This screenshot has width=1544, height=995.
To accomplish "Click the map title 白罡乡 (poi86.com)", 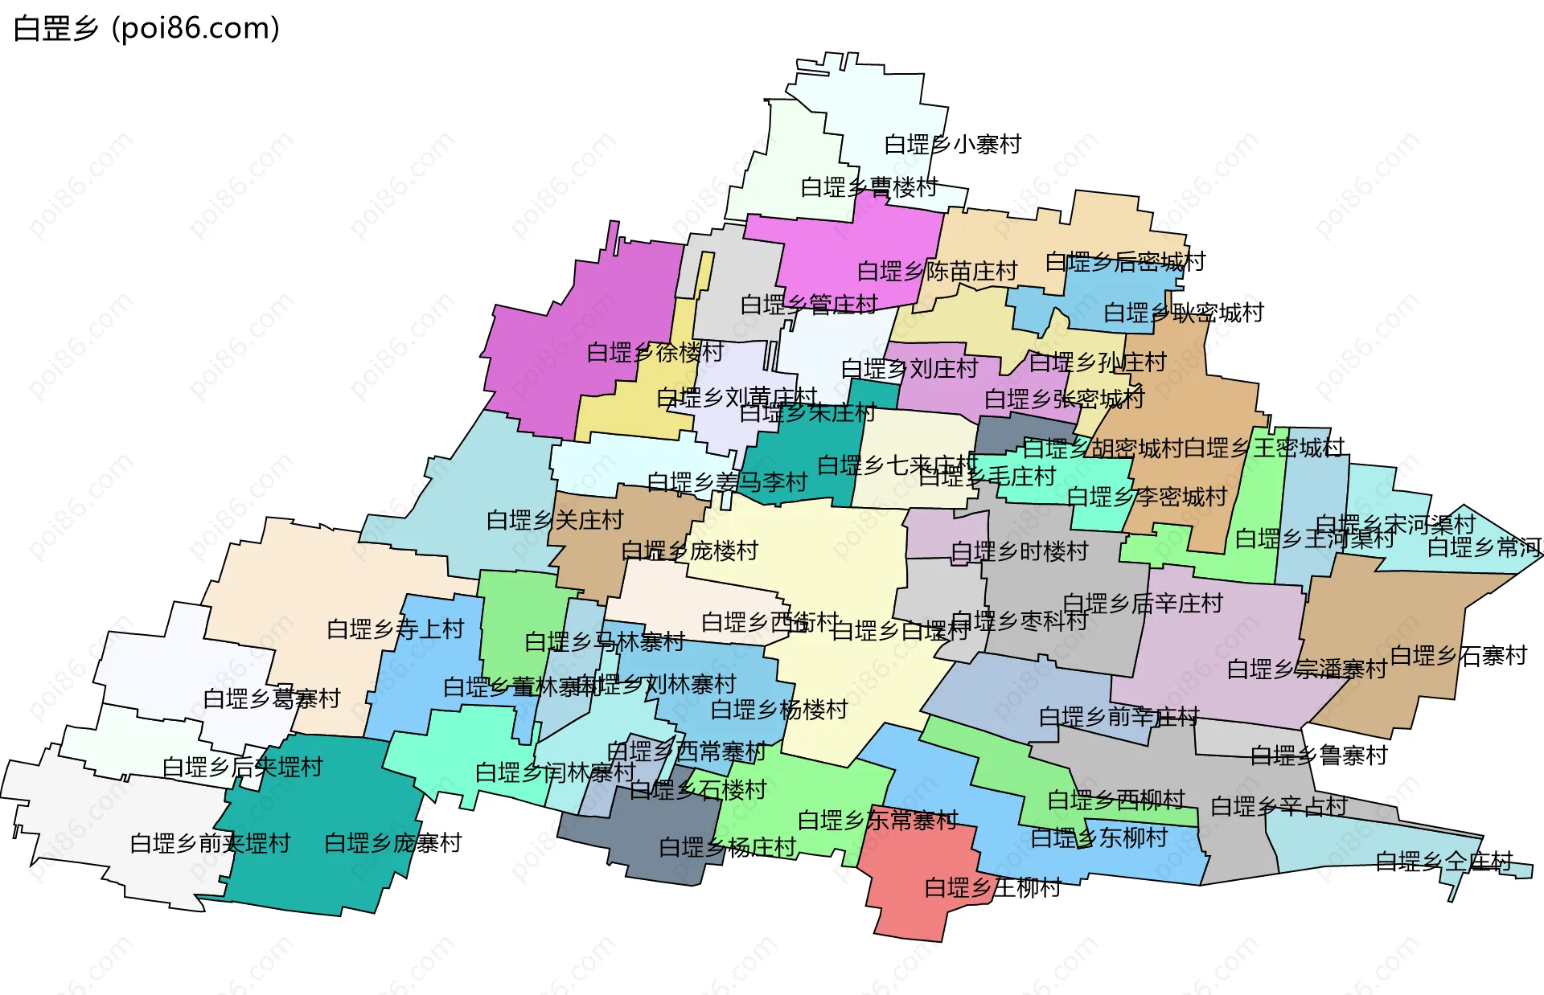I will pos(146,29).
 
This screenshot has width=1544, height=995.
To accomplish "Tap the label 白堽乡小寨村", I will pos(952,145).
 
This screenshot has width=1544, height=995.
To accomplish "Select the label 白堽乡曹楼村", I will pos(868,187).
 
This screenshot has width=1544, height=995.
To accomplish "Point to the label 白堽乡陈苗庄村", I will pos(937,272).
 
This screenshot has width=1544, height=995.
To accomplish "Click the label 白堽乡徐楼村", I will pos(655,353).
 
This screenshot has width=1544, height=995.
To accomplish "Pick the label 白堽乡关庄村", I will pos(555,521).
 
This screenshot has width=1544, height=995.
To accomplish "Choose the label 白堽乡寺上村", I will pos(395,629).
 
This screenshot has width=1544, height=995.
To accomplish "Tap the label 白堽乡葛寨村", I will pos(272,698).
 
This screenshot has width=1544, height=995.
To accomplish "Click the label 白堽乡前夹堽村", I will pos(210,844).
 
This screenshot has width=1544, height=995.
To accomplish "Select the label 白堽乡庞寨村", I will pos(392,843).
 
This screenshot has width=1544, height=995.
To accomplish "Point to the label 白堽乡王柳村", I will pos(992,888).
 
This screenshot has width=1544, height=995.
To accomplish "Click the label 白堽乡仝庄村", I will pos(1443,862).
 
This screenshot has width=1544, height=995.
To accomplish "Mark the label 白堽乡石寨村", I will pos(1458,657).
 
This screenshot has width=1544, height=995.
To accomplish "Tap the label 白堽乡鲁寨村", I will pos(1319,755).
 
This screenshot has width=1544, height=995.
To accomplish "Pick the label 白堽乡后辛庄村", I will pos(1142,604).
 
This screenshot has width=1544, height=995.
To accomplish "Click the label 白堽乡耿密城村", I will pos(1183,313).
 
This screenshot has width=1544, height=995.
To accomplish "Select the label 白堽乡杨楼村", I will pos(779,710).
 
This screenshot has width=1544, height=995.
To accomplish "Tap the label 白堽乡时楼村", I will pos(1019,552).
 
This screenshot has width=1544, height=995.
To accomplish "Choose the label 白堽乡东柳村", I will pos(1098,838).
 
